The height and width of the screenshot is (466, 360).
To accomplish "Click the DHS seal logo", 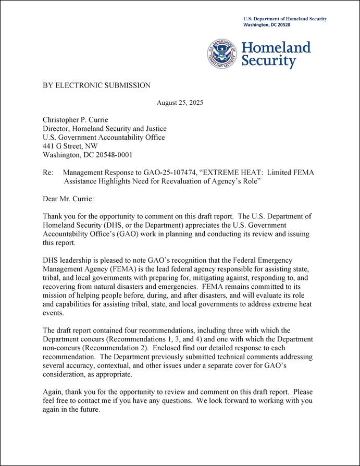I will [222, 54].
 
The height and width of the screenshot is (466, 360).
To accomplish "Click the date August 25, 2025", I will [180, 103].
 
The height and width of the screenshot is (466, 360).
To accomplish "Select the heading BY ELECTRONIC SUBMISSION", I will [96, 85].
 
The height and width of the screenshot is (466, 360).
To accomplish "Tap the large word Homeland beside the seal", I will [276, 48].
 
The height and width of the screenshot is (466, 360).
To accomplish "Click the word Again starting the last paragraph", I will [53, 392].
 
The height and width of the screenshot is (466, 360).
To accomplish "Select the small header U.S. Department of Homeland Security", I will [285, 19].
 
